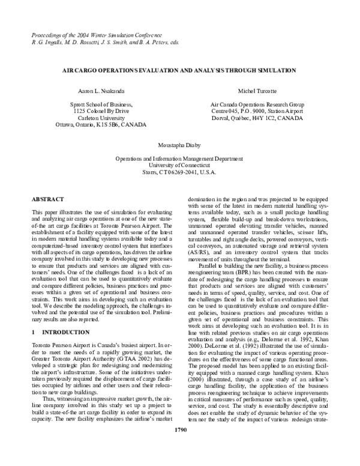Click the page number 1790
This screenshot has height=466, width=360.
click(x=180, y=447)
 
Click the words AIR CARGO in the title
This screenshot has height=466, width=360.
click(x=80, y=70)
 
